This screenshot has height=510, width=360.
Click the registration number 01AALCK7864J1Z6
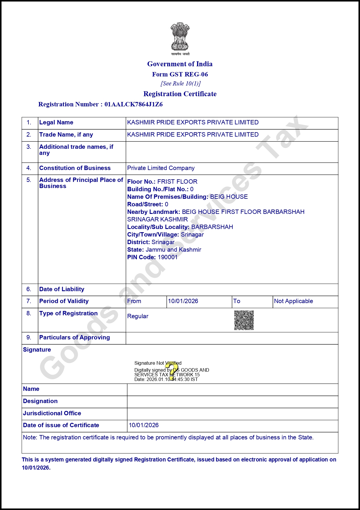pyautogui.click(x=134, y=104)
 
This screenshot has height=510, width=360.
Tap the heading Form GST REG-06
pyautogui.click(x=180, y=74)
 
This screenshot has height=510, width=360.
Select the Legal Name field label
pyautogui.click(x=56, y=122)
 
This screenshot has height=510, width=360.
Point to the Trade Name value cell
pyautogui.click(x=193, y=135)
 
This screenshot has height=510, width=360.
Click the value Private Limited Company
pyautogui.click(x=161, y=168)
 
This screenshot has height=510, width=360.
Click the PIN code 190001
pyautogui.click(x=168, y=257)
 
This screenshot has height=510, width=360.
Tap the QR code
pyautogui.click(x=244, y=320)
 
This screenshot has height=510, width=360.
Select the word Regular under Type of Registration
pyautogui.click(x=138, y=316)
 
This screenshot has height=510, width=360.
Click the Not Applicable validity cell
pyautogui.click(x=294, y=301)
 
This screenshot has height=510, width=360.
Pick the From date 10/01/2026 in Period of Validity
pyautogui.click(x=183, y=301)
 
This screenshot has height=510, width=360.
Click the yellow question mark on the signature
pyautogui.click(x=173, y=370)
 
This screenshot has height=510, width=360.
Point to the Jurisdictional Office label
pyautogui.click(x=52, y=413)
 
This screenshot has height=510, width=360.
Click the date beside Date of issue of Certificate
pyautogui.click(x=144, y=425)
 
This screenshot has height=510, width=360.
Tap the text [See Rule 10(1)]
pyautogui.click(x=181, y=83)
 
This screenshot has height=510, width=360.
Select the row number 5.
pyautogui.click(x=29, y=180)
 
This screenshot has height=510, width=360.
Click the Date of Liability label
pyautogui.click(x=62, y=289)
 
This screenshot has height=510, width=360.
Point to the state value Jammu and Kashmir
pyautogui.click(x=173, y=250)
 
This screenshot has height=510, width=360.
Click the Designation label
pyautogui.click(x=40, y=401)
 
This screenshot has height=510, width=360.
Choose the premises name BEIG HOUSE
pyautogui.click(x=229, y=197)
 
